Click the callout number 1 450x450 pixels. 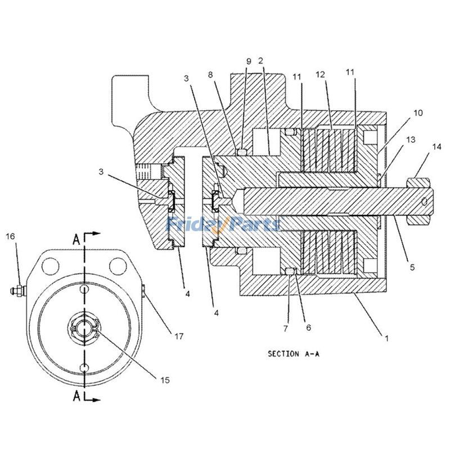386,338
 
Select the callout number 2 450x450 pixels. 260,60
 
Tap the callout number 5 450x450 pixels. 412,268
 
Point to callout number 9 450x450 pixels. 248,60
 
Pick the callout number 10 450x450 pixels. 417,113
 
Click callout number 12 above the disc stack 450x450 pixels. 321,74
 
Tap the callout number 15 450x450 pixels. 165,380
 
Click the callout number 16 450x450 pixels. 10,236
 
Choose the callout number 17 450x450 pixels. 178,337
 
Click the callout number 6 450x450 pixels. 309,327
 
